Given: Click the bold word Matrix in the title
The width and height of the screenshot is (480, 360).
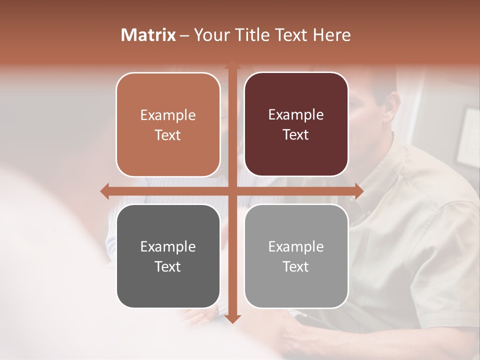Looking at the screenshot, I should click(x=148, y=35).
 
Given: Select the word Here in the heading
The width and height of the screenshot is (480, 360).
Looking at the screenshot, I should click(x=332, y=35).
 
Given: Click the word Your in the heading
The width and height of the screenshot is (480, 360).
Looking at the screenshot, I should click(x=211, y=35).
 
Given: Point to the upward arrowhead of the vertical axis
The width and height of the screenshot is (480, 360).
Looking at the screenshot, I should click(x=232, y=64).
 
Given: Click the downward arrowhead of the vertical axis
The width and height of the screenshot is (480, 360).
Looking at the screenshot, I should click(x=232, y=319).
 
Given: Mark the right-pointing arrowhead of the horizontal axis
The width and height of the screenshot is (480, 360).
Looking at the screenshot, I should click(x=359, y=191).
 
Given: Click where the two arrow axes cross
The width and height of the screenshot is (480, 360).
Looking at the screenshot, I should click(x=232, y=191).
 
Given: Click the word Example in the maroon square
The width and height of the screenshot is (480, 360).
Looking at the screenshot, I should click(x=296, y=114).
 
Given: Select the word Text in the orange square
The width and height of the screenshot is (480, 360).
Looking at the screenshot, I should click(x=168, y=135).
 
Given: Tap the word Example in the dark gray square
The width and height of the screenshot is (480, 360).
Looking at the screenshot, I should click(x=168, y=246).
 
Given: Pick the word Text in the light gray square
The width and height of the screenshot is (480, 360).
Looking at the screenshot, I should click(x=296, y=266).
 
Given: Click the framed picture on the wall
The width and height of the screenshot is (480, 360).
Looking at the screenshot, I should click(x=468, y=137).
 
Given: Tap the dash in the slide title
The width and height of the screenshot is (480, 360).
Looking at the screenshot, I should click(x=184, y=35).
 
